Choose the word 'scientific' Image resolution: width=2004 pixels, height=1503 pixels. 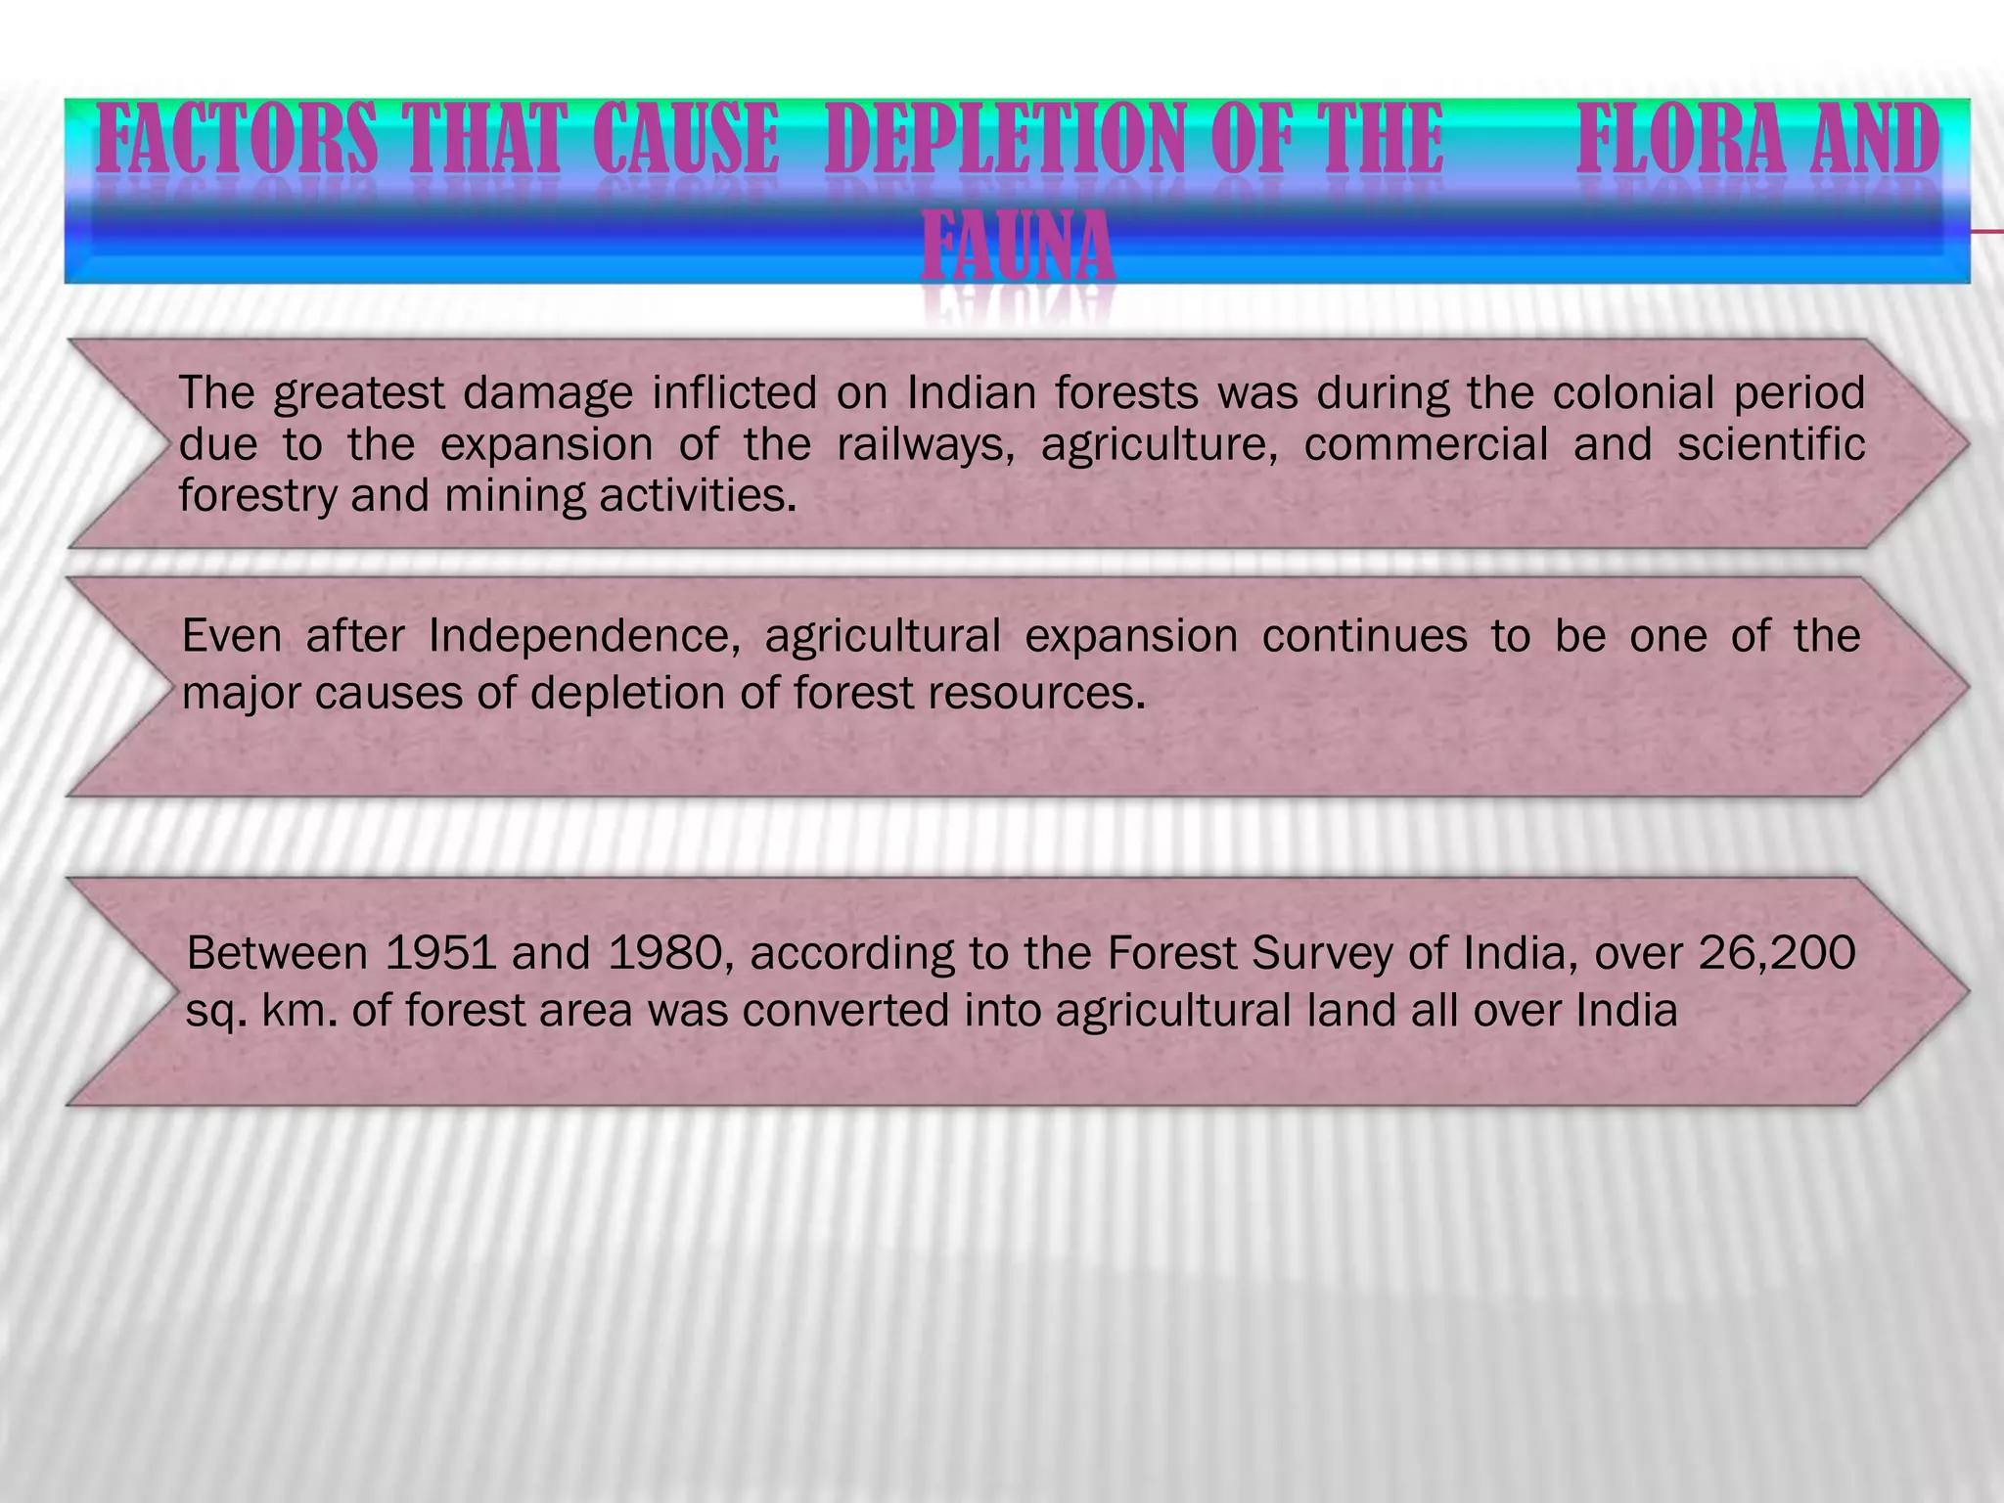point(1771,443)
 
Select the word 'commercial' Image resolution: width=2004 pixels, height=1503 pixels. point(1426,444)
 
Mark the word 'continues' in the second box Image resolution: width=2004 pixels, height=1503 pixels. point(1364,636)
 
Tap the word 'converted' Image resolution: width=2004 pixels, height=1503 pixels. point(845,1011)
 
